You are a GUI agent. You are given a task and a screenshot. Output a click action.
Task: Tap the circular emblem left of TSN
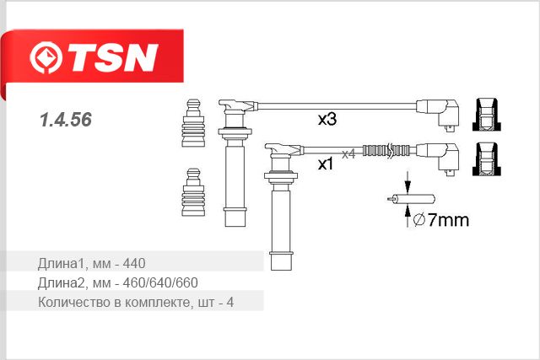[46, 57]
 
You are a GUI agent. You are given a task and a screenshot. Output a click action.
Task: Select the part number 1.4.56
[66, 120]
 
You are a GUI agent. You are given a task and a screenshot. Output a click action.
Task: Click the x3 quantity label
[327, 119]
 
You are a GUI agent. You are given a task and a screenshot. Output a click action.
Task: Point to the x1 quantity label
[326, 164]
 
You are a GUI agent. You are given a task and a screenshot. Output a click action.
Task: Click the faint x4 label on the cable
[348, 154]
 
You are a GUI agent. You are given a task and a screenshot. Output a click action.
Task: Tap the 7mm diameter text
[448, 220]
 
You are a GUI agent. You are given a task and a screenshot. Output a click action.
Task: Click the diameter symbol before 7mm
[418, 219]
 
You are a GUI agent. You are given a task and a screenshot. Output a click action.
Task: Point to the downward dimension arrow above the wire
[408, 182]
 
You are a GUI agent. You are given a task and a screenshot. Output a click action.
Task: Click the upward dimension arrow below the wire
[408, 216]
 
